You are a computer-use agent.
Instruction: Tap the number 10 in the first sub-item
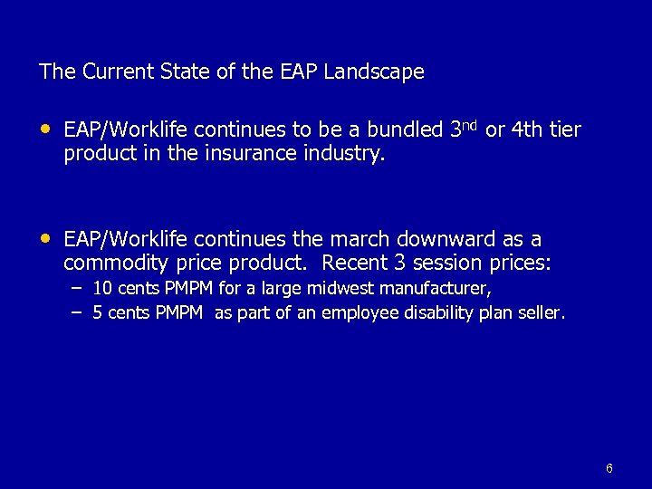coord(102,289)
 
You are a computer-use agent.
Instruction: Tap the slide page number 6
coord(609,468)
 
